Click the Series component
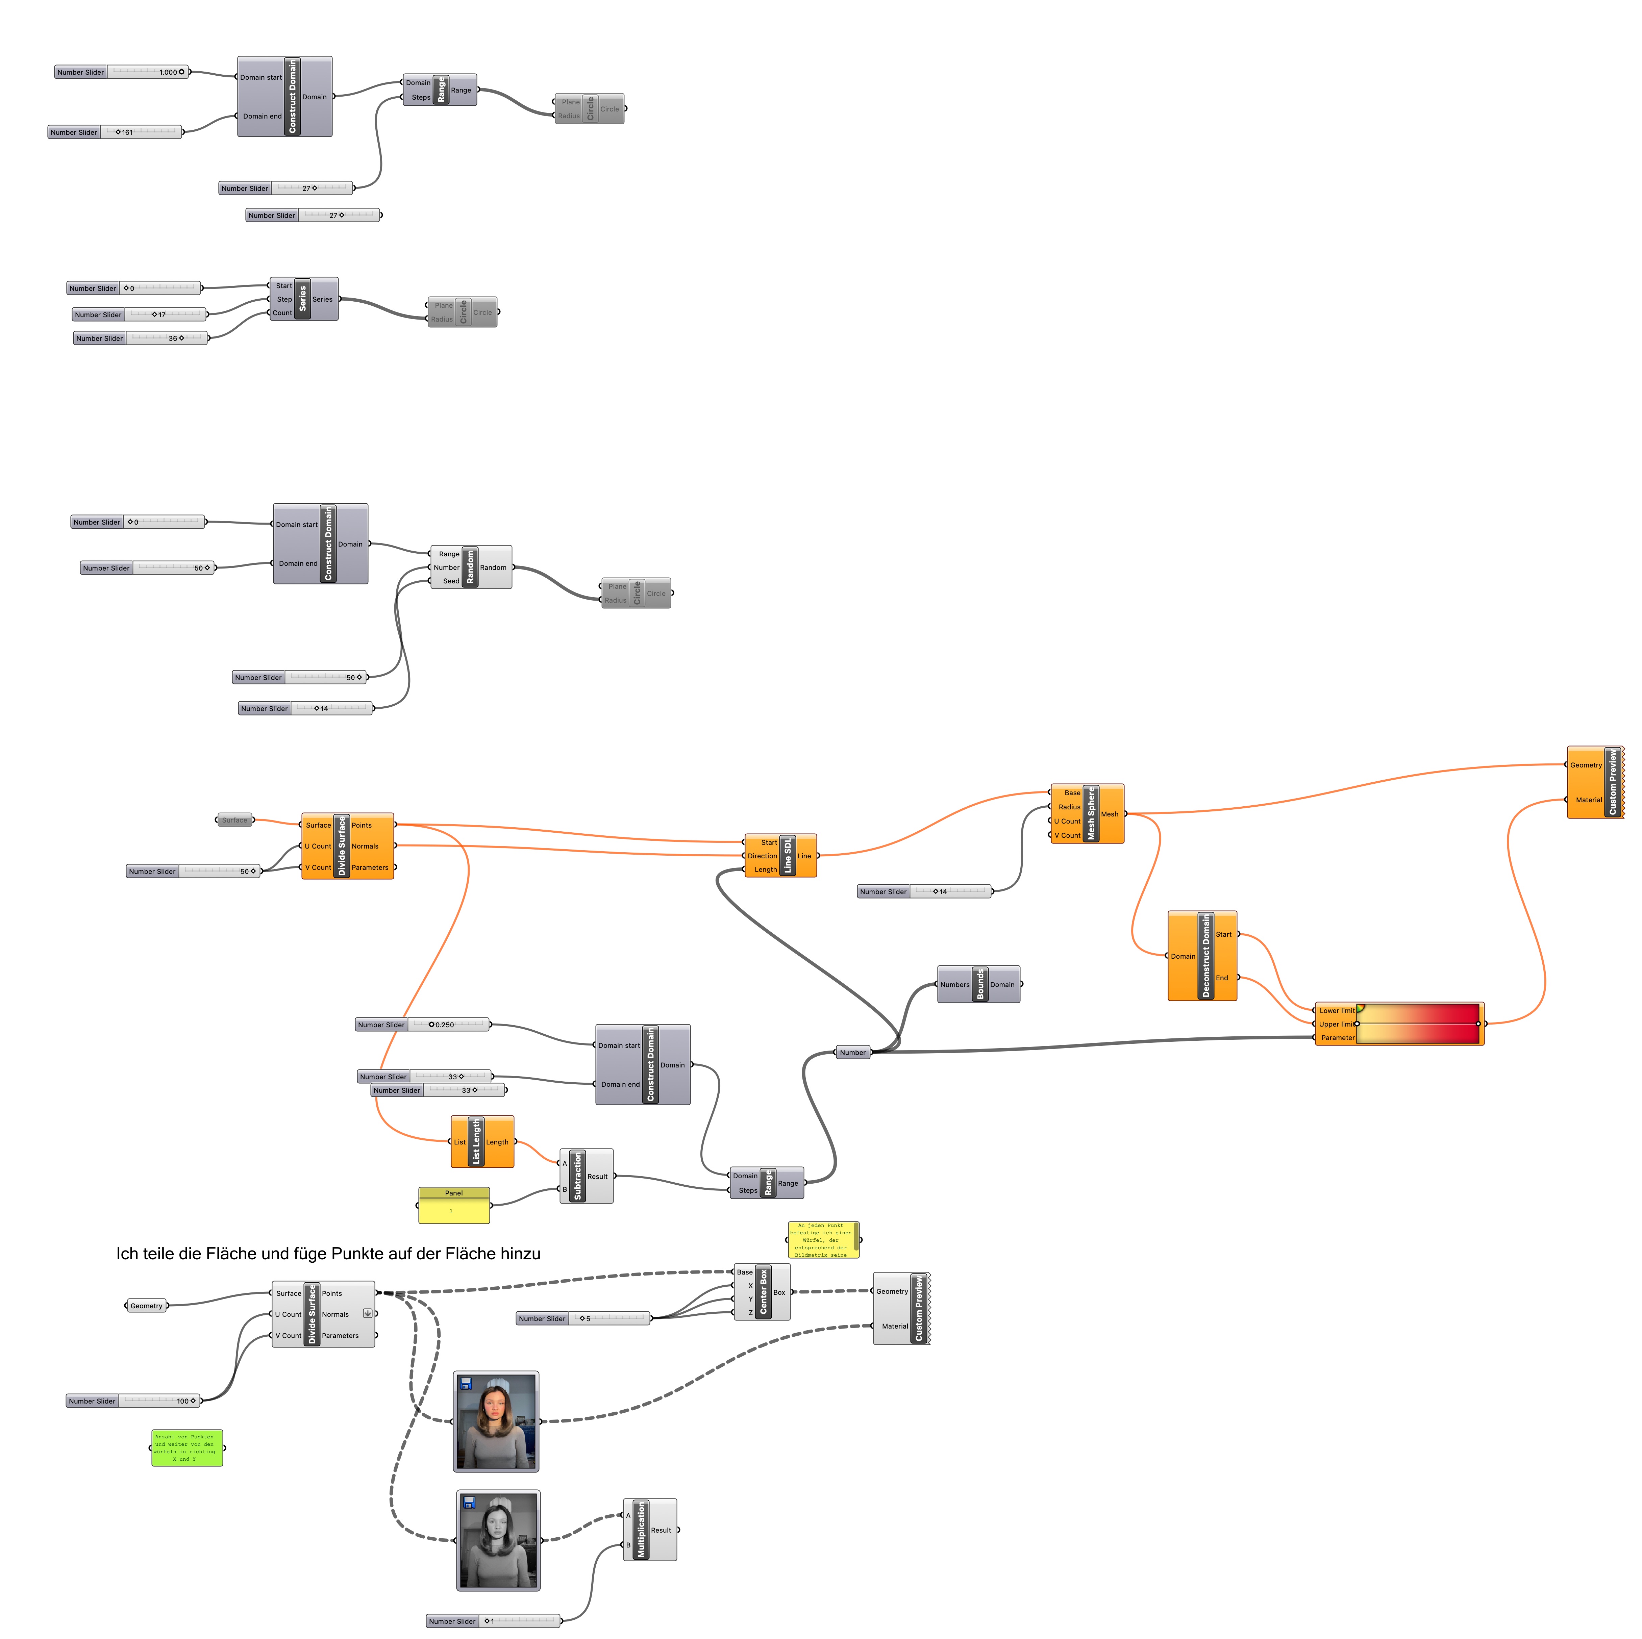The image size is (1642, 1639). (303, 299)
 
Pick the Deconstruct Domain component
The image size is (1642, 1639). (1205, 956)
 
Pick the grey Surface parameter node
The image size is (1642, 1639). (234, 820)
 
